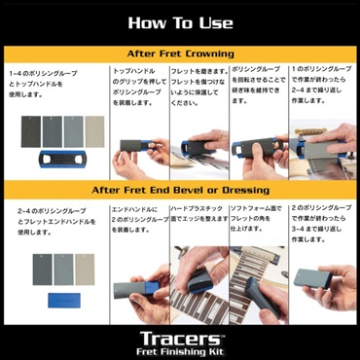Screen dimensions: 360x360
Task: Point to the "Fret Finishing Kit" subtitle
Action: tap(179, 345)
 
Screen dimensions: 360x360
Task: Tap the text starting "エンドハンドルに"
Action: tap(139, 217)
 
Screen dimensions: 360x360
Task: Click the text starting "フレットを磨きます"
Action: tap(198, 86)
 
